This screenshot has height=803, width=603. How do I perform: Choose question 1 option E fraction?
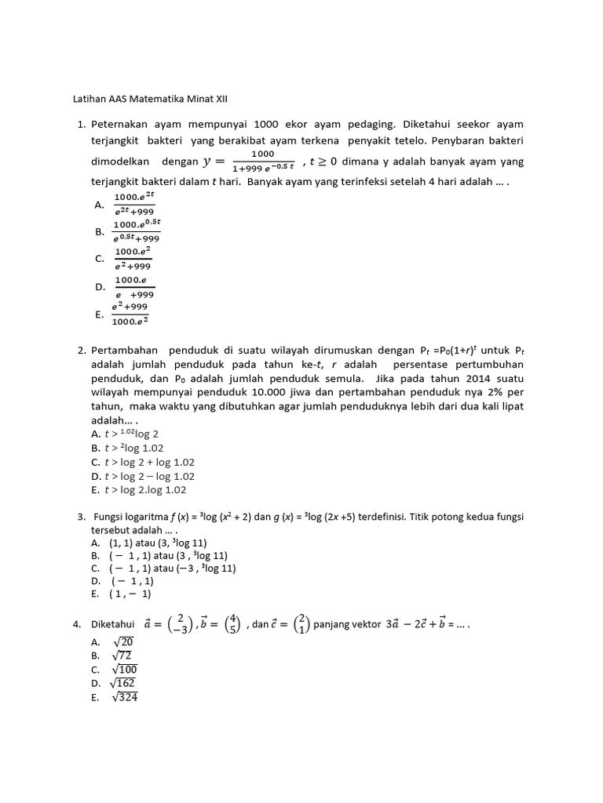[131, 314]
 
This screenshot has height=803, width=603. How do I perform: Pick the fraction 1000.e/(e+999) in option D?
[134, 287]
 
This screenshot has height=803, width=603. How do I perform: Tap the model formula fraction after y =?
[262, 161]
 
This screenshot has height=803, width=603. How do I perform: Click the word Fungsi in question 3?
[113, 518]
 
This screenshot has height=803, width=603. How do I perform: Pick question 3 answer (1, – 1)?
[130, 594]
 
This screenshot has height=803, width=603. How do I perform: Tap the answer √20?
[122, 641]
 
